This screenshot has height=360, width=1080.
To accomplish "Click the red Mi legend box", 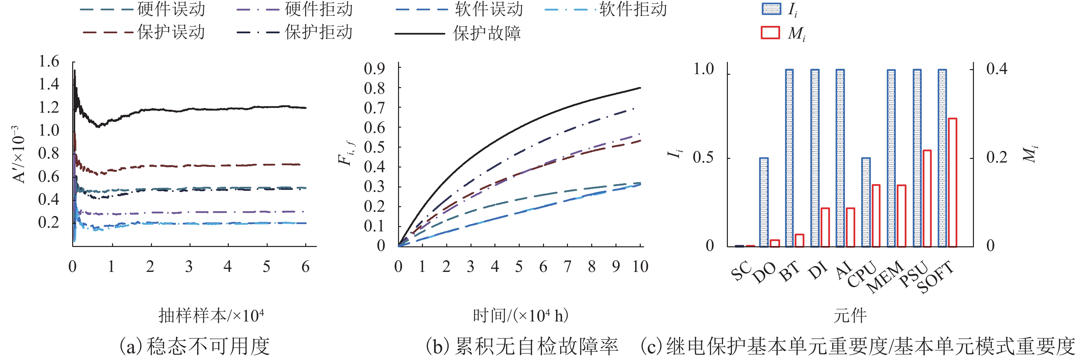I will pyautogui.click(x=770, y=33).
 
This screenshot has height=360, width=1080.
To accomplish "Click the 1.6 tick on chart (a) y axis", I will pyautogui.click(x=49, y=61).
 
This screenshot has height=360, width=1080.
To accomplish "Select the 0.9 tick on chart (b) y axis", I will pyautogui.click(x=374, y=68).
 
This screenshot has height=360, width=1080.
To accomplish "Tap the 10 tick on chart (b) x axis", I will pyautogui.click(x=640, y=267).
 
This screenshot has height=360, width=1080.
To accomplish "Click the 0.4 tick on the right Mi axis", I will pyautogui.click(x=997, y=69).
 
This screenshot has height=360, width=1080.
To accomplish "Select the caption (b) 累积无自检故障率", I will pyautogui.click(x=522, y=346).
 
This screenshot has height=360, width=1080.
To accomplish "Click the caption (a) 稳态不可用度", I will pyautogui.click(x=195, y=346).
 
